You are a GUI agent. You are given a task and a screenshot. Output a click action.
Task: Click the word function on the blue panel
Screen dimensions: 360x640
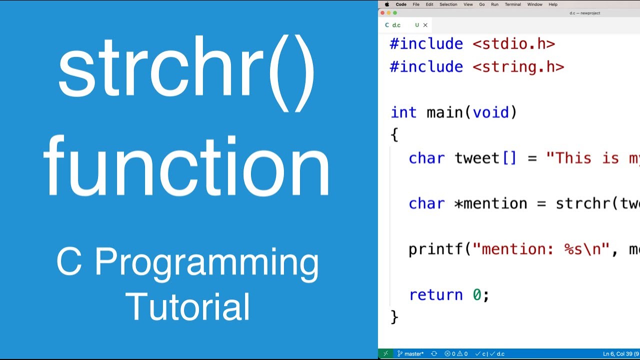[187, 165]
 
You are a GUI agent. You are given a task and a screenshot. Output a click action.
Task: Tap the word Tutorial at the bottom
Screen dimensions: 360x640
[187, 306]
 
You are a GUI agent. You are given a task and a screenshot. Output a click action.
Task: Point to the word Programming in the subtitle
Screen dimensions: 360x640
[206, 263]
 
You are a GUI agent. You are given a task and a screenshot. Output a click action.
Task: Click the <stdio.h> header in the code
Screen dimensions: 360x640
[513, 44]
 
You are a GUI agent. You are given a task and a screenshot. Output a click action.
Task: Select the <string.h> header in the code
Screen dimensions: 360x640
[518, 67]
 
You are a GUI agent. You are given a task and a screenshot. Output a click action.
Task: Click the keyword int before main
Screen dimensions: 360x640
[403, 112]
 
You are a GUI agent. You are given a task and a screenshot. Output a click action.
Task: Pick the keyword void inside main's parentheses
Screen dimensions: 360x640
[490, 112]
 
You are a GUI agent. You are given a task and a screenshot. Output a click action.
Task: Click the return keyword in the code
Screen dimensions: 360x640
[436, 295]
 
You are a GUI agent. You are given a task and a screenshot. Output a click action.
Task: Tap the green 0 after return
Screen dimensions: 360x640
[477, 295]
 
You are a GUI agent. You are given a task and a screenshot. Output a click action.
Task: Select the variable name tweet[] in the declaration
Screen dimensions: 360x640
[485, 158]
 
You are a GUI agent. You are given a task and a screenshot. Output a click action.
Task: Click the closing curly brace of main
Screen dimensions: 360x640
[394, 317]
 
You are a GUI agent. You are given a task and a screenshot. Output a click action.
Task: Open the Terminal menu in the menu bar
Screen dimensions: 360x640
[512, 4]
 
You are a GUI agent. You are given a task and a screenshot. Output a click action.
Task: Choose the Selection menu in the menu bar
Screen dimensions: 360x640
[448, 4]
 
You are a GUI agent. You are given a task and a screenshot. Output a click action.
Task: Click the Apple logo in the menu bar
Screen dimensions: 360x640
[386, 4]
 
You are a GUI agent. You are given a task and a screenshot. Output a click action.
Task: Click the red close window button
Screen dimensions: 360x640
[382, 13]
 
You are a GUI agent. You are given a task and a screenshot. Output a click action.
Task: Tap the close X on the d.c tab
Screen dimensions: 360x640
[425, 25]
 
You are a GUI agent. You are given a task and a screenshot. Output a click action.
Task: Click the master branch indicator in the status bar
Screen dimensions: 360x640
[410, 354]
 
